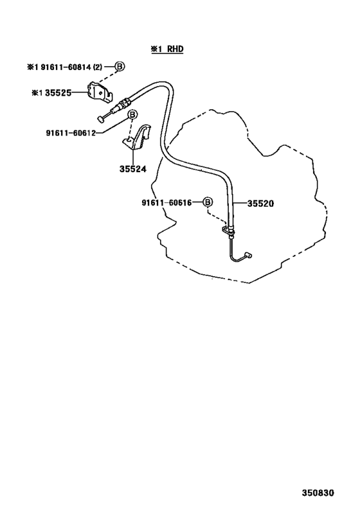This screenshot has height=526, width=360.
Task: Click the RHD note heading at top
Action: [167, 49]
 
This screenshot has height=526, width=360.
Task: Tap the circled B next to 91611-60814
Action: [120, 66]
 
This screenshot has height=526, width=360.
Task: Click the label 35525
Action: [58, 92]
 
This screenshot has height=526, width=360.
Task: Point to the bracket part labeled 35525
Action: [100, 92]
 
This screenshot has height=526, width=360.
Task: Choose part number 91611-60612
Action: [71, 133]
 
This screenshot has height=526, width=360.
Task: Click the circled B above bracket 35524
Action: [132, 115]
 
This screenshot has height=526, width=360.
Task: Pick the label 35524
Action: [133, 169]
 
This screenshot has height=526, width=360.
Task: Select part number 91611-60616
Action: [166, 202]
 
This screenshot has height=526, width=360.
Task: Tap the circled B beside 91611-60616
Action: [208, 202]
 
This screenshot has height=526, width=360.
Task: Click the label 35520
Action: [260, 204]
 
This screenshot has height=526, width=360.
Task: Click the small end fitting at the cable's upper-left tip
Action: [100, 118]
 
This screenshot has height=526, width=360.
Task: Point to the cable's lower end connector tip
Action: [249, 255]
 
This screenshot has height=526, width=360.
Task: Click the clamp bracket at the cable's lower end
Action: [228, 230]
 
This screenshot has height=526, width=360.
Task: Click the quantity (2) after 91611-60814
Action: [97, 67]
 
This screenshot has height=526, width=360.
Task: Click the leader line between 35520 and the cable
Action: [239, 204]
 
